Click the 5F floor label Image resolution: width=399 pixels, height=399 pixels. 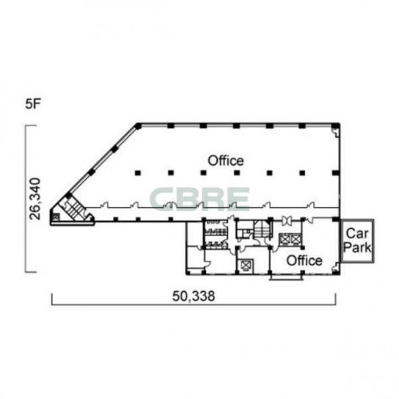click(33, 104)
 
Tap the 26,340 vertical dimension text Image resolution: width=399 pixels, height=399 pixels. click(35, 199)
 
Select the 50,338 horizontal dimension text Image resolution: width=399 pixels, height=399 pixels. click(194, 296)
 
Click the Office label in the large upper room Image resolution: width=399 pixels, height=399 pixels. click(226, 161)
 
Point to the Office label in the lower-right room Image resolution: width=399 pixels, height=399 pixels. click(304, 260)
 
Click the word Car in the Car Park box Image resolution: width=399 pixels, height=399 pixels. click(356, 233)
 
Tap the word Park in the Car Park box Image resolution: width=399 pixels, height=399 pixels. click(357, 247)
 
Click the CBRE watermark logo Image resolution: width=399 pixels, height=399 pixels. click(199, 199)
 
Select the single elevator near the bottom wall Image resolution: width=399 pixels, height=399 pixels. click(245, 266)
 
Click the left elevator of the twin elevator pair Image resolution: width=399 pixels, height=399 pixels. click(284, 239)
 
